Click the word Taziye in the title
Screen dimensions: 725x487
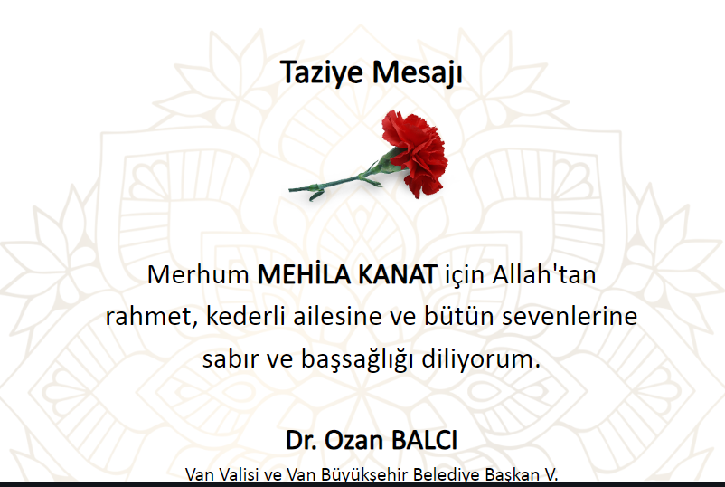coord(321,72)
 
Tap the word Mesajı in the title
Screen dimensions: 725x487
coord(417,72)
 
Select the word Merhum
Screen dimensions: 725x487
coord(198,274)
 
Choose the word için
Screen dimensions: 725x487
coord(465,276)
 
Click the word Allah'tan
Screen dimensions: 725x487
coord(544,274)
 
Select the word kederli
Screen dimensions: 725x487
coord(245,317)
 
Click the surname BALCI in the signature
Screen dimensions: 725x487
coord(425,440)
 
